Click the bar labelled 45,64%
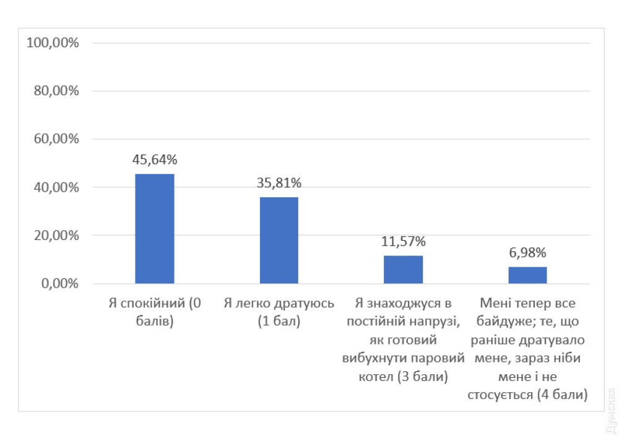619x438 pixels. [155, 229]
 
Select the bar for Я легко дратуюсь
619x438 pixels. [279, 241]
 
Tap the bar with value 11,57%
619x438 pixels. [403, 270]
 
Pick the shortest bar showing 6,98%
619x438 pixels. [527, 275]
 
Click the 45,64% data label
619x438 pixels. [155, 160]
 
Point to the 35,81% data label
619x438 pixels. [279, 183]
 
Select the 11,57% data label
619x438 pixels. [403, 241]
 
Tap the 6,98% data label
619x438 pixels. [527, 252]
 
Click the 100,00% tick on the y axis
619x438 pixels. [53, 43]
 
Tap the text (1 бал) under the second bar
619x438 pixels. [279, 322]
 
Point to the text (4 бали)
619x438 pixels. [560, 394]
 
